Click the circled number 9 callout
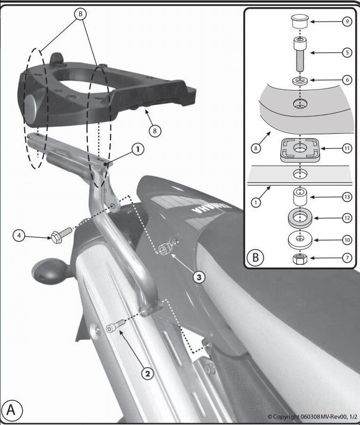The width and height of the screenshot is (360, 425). pyautogui.click(x=347, y=23)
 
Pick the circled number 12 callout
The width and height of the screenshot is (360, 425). pyautogui.click(x=347, y=218)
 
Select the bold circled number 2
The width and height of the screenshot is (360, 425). pyautogui.click(x=147, y=373)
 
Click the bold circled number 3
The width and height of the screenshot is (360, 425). pyautogui.click(x=199, y=277)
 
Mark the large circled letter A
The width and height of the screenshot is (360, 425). pyautogui.click(x=14, y=410)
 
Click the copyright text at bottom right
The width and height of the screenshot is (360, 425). pyautogui.click(x=311, y=417)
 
